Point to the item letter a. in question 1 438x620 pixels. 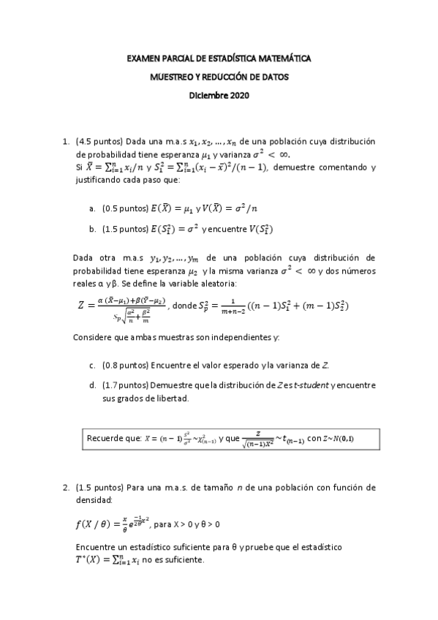point(93,208)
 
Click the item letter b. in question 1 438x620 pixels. point(93,229)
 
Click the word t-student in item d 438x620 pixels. point(308,385)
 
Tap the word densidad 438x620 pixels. point(94,500)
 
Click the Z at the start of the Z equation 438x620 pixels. point(81,306)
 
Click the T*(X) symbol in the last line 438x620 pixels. point(91,560)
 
